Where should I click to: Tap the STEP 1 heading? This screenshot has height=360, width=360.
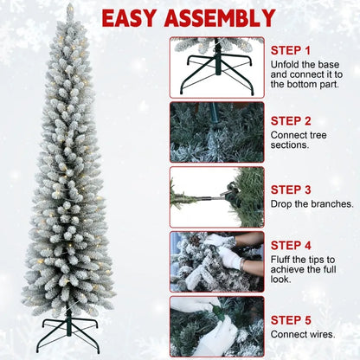[292, 50]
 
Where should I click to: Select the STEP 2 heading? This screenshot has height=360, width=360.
[292, 119]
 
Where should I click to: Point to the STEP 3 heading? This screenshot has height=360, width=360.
[292, 188]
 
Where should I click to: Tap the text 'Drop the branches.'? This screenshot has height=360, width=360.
[312, 204]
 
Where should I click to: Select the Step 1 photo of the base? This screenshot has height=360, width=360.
[215, 64]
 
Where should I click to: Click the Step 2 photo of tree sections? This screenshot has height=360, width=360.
[215, 132]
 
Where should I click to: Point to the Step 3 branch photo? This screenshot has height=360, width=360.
[215, 196]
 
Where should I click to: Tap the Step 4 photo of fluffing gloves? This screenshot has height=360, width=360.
[215, 260]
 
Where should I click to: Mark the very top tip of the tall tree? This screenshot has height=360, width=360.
[70, 6]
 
